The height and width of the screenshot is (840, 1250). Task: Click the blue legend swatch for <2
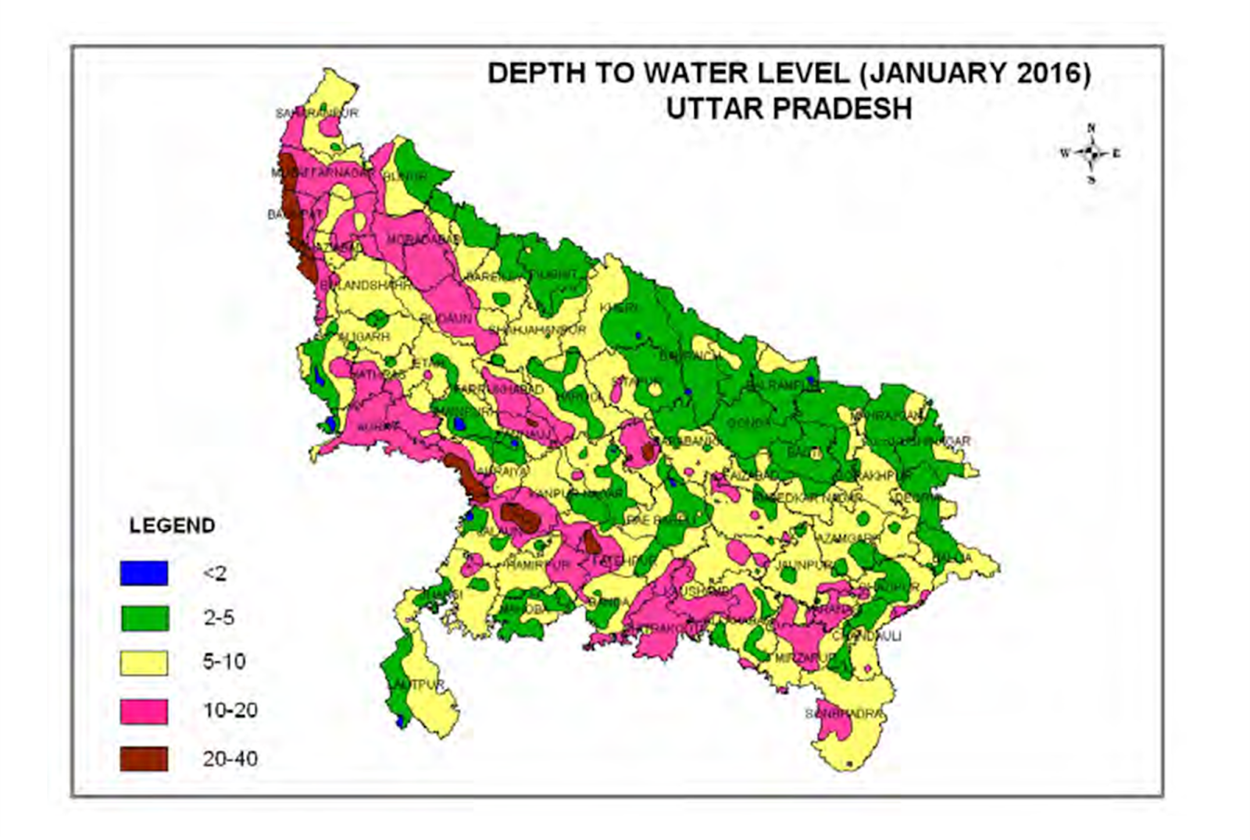coord(144,574)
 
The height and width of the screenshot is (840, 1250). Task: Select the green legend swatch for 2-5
coord(144,618)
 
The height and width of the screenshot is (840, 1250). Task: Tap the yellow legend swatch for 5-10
coord(144,663)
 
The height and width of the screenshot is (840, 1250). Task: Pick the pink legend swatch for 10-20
coord(144,711)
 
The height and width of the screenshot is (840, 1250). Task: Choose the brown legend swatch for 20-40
coord(144,759)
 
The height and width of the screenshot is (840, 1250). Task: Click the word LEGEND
coord(172,525)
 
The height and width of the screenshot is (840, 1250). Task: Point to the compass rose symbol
coord(1091,153)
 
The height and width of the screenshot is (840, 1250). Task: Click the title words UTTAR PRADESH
coord(789,108)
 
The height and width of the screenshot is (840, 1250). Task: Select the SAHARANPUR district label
coord(316,113)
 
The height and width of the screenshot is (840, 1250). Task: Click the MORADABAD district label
coord(422,239)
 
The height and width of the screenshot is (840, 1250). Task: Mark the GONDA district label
coord(748,424)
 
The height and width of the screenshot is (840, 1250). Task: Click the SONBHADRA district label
coord(845,714)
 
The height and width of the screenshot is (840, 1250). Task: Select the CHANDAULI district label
coord(866,636)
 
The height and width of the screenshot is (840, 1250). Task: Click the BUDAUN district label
coord(446,319)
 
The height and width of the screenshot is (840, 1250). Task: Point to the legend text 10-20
coord(230,711)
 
